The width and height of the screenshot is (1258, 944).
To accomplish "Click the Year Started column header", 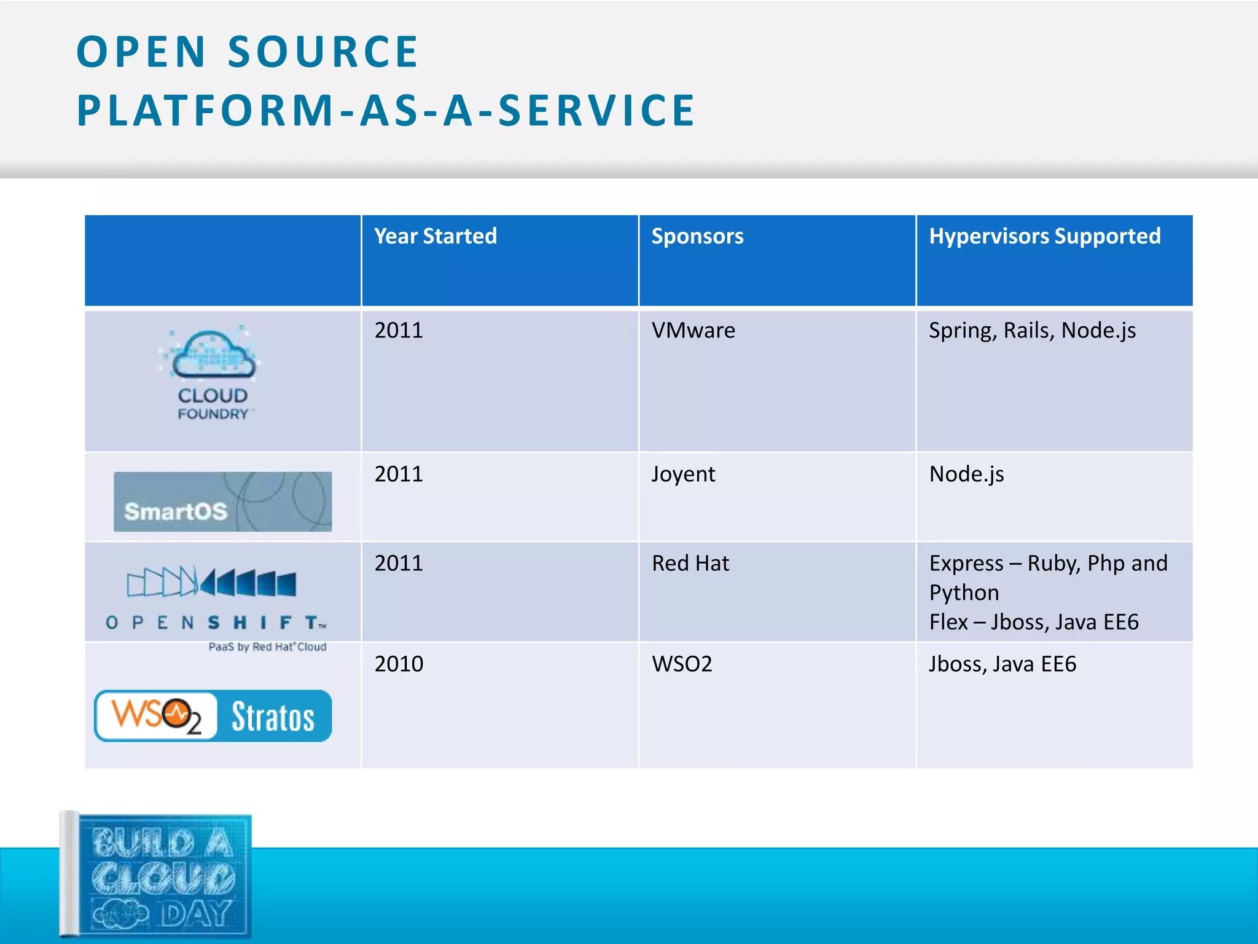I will click(x=435, y=237).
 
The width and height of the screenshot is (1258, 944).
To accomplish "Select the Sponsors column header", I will click(x=697, y=237).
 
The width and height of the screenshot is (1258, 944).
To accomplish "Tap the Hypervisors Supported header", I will click(x=1044, y=237).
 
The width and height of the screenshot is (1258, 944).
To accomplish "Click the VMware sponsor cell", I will click(x=693, y=331).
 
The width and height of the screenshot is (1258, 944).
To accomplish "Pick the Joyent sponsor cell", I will click(x=683, y=474).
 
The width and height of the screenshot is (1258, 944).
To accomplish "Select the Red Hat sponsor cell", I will click(x=690, y=564).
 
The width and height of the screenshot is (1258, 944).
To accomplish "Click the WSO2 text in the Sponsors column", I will click(x=682, y=664).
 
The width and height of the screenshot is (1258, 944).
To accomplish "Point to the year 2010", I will click(x=399, y=664).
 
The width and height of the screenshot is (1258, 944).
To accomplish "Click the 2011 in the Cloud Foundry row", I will click(x=399, y=331).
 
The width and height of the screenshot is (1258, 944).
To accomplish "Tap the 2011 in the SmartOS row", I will click(x=399, y=474).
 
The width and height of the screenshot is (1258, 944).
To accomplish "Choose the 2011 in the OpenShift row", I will click(x=399, y=564).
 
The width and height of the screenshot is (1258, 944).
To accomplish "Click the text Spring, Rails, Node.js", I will click(x=1032, y=331).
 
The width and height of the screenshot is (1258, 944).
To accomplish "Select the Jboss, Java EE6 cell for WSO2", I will click(x=1002, y=664).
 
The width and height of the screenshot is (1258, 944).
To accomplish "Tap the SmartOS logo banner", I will click(x=222, y=502).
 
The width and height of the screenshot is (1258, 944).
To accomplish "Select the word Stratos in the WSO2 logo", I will click(x=273, y=717).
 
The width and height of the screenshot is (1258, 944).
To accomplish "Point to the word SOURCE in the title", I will click(x=323, y=52).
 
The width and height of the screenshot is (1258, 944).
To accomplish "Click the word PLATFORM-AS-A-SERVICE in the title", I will click(x=386, y=111).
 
